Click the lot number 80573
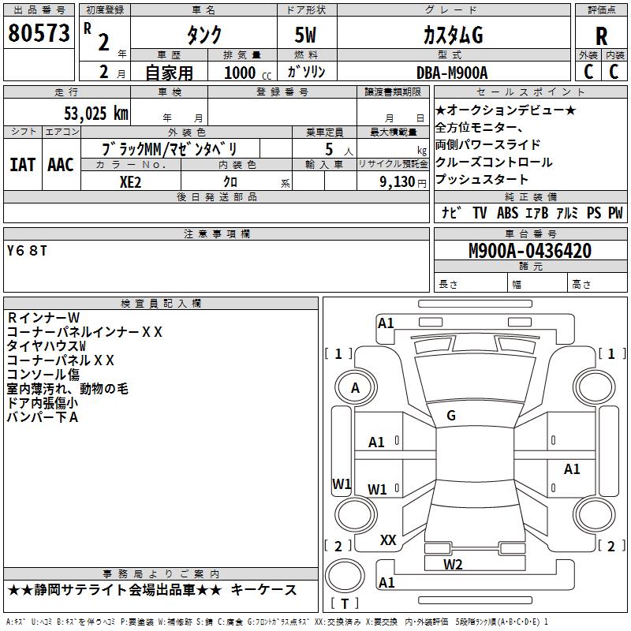pyautogui.click(x=38, y=35)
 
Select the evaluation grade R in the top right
pyautogui.click(x=601, y=35)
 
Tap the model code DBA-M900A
pyautogui.click(x=452, y=73)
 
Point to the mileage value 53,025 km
pyautogui.click(x=86, y=113)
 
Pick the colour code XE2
pyautogui.click(x=131, y=181)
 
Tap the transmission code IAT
pyautogui.click(x=22, y=164)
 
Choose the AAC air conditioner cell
pyautogui.click(x=61, y=164)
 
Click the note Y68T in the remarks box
pyautogui.click(x=27, y=251)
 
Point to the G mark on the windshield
pyautogui.click(x=451, y=416)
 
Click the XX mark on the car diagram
pyautogui.click(x=388, y=540)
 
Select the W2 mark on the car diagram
pyautogui.click(x=453, y=564)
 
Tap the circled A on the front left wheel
pyautogui.click(x=355, y=388)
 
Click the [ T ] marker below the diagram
pyautogui.click(x=345, y=604)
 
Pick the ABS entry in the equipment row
pyautogui.click(x=509, y=213)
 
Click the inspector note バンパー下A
pyautogui.click(x=43, y=416)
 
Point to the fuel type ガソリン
pyautogui.click(x=307, y=73)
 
